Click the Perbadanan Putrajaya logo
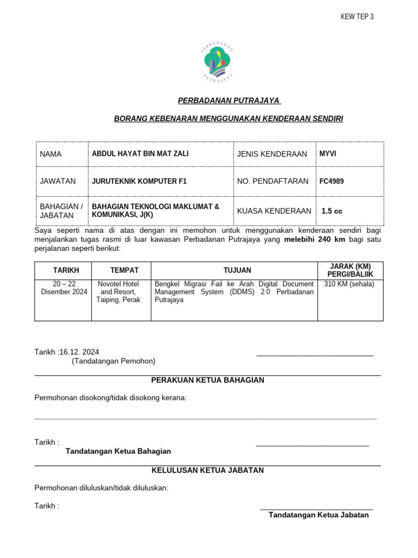[218, 61]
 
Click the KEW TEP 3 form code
[357, 17]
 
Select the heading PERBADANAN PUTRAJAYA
[229, 100]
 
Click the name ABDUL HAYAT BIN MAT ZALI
[140, 154]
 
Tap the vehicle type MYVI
[328, 154]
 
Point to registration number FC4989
[331, 181]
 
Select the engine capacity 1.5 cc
[332, 211]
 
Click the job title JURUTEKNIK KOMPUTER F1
[139, 181]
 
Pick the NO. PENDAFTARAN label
[273, 181]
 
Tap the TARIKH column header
[66, 270]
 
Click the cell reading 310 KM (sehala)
[349, 284]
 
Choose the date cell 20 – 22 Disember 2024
[63, 288]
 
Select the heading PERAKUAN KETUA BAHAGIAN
[207, 380]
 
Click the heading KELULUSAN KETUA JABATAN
[207, 470]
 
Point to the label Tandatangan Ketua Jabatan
[318, 515]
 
